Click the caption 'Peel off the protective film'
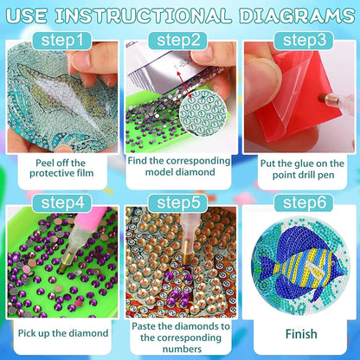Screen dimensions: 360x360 (x=61, y=167)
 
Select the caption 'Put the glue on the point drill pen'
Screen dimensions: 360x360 (x=298, y=167)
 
